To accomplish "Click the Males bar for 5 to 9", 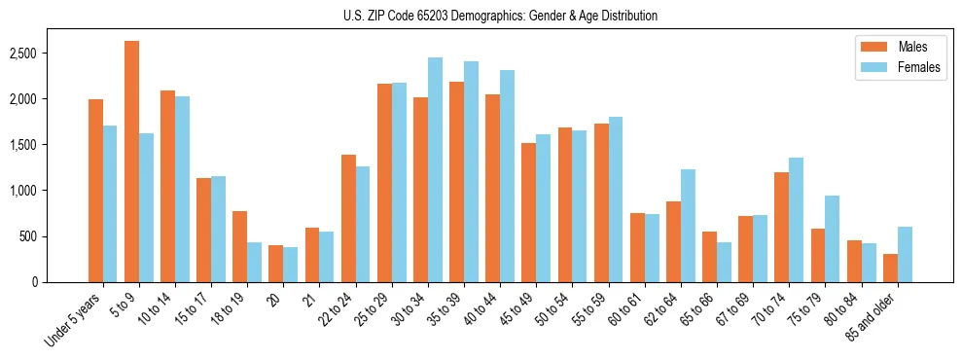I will point(131,162).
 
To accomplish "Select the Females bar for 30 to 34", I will point(435,169).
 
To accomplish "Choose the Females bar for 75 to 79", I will point(833,238).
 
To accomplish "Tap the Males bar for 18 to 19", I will point(239,246).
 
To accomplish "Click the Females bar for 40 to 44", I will point(507,176).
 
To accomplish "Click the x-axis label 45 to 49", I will point(517,310).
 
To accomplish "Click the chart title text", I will point(500,16).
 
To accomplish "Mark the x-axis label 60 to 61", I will point(624,310).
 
